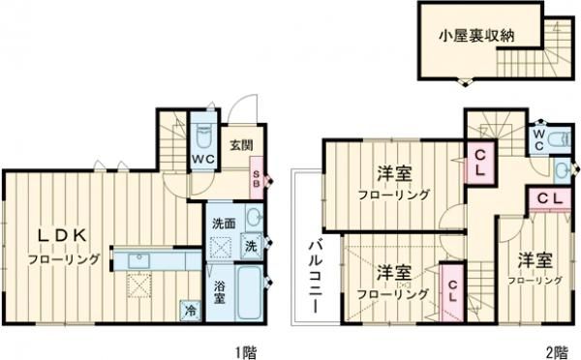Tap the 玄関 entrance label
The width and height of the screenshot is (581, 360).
[241, 146]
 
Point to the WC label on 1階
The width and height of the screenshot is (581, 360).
[201, 159]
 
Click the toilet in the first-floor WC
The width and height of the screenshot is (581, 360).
[202, 134]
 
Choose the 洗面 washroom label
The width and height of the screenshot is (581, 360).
[224, 225]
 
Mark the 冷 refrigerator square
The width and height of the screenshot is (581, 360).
[190, 312]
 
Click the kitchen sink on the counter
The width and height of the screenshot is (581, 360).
[138, 259]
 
